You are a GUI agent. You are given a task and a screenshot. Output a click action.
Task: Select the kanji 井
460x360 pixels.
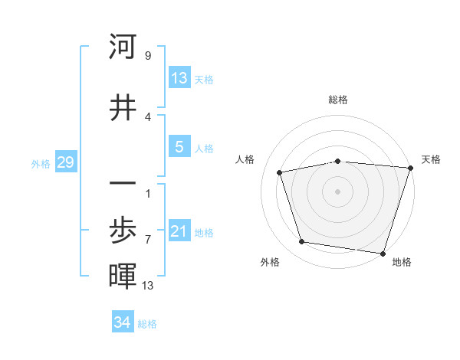coord(123,107)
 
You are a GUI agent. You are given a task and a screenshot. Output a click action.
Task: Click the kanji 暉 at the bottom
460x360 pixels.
coord(123,276)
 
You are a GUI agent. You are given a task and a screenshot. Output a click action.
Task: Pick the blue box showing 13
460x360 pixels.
coord(179,78)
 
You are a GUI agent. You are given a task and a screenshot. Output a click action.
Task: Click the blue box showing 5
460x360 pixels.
coord(179,147)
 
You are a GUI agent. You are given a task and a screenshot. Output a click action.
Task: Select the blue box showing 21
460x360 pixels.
coord(179,231)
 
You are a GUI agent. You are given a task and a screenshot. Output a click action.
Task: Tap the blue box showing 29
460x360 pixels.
coord(65,162)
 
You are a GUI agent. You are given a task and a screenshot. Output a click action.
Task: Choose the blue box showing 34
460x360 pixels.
coord(123,322)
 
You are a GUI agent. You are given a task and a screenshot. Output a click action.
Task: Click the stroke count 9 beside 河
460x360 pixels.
coord(148,55)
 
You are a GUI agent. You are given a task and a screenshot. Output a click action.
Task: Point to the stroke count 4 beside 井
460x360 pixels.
coord(148,116)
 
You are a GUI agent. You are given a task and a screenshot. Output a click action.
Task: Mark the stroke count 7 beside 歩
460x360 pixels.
coord(148,239)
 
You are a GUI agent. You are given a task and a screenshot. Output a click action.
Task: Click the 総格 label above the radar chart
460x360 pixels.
coord(338,100)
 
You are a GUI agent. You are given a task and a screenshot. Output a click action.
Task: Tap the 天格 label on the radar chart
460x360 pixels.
coord(431,159)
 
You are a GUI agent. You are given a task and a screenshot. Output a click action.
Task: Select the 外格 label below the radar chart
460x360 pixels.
coord(270,262)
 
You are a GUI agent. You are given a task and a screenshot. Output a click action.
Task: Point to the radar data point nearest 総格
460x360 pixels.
coord(338,161)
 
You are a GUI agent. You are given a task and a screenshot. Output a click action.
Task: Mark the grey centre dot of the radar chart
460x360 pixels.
coord(338,191)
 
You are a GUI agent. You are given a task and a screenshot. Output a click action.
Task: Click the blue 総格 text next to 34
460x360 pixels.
coord(147,324)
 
